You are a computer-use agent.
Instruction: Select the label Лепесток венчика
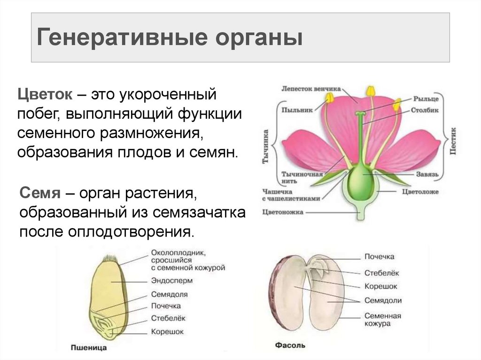(x=311, y=88)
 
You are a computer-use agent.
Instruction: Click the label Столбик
(x=426, y=111)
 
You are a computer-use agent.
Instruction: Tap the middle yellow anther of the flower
(x=371, y=90)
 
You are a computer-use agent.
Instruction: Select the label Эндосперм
(x=172, y=281)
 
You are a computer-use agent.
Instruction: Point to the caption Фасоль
(x=290, y=345)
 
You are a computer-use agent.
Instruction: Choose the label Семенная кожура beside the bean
(x=382, y=320)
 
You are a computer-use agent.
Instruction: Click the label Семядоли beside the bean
(x=383, y=300)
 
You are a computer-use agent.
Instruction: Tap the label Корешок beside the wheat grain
(x=167, y=331)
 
